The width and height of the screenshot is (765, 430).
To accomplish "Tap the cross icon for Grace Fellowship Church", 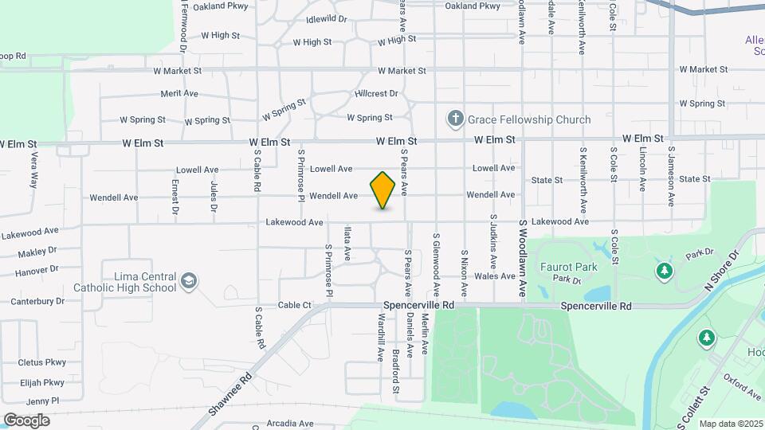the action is [456, 119].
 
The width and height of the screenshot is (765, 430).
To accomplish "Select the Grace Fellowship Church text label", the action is [530, 120].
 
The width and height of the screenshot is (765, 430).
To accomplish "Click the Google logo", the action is [26, 420].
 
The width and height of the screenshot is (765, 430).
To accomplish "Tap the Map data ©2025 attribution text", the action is [731, 424].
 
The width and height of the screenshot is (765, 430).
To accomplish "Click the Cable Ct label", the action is [295, 305].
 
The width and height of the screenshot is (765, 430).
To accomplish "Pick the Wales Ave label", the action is [495, 276].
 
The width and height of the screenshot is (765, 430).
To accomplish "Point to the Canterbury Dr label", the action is [37, 301].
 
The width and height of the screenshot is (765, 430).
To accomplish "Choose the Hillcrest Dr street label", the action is [375, 93].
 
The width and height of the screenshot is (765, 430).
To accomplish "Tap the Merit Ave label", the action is [179, 93].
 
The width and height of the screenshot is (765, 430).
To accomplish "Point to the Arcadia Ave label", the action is [288, 423].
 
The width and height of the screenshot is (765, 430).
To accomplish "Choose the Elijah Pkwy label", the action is [41, 382].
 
